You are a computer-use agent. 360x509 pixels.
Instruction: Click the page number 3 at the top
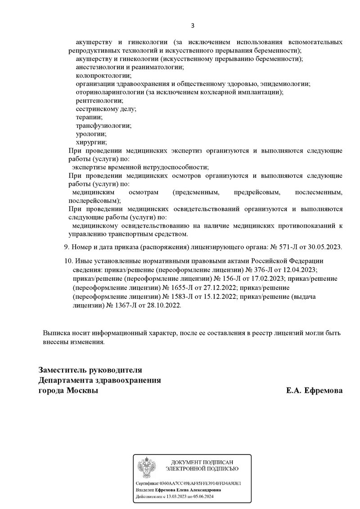(x=193, y=25)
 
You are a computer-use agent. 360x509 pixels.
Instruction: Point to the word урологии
(x=91, y=134)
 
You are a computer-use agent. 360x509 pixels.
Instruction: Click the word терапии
(x=90, y=117)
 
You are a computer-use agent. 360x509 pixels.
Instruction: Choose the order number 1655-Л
(x=198, y=287)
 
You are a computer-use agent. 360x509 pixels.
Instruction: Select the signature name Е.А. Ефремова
(x=314, y=391)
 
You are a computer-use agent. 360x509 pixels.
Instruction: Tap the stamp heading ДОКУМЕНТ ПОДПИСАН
(x=205, y=463)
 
